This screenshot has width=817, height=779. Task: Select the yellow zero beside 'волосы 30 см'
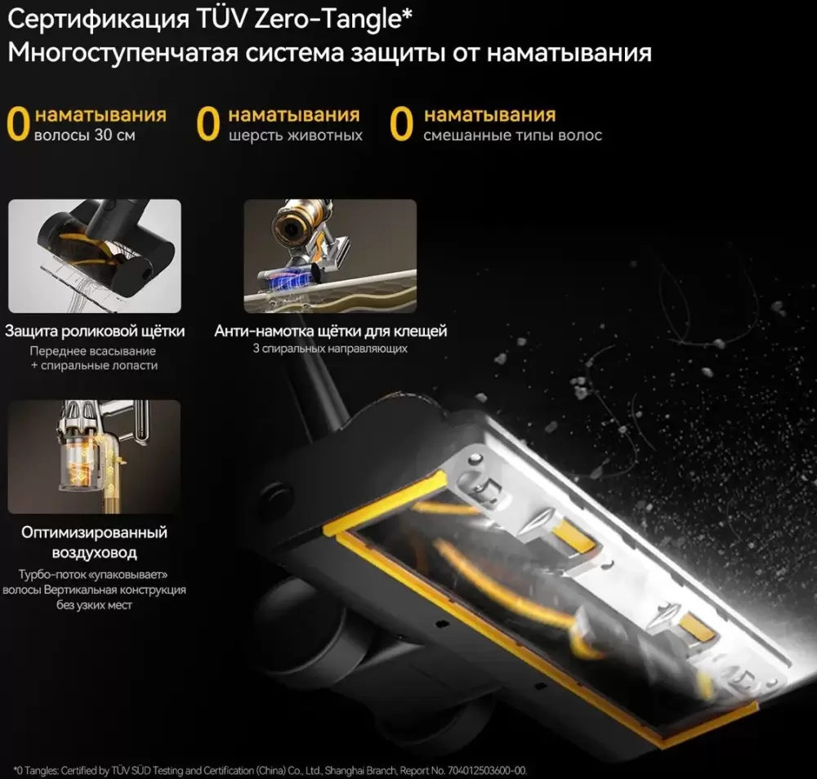pos(18,124)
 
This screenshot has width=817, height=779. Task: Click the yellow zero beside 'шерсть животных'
pos(208,124)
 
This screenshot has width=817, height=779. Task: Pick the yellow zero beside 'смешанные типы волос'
pos(401,124)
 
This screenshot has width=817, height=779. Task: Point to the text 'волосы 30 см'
pos(85,136)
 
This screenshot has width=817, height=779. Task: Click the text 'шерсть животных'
pos(296,136)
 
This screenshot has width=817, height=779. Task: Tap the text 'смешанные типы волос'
pos(513,136)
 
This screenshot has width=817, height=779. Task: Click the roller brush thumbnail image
pos(95,256)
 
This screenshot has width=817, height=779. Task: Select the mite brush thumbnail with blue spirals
pos(330,256)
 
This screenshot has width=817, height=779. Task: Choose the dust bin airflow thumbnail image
pos(94,456)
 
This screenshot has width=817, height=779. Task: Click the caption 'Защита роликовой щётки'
pos(95,332)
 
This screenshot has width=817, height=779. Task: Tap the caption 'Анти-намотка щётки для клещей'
pos(330,332)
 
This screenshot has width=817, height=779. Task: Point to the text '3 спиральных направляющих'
pos(330,349)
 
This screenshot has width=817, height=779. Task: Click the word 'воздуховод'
pos(94,553)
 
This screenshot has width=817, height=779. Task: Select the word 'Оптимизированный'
pos(94,532)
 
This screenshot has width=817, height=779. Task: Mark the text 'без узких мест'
pos(94,605)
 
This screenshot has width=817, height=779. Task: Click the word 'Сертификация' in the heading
pos(99,20)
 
